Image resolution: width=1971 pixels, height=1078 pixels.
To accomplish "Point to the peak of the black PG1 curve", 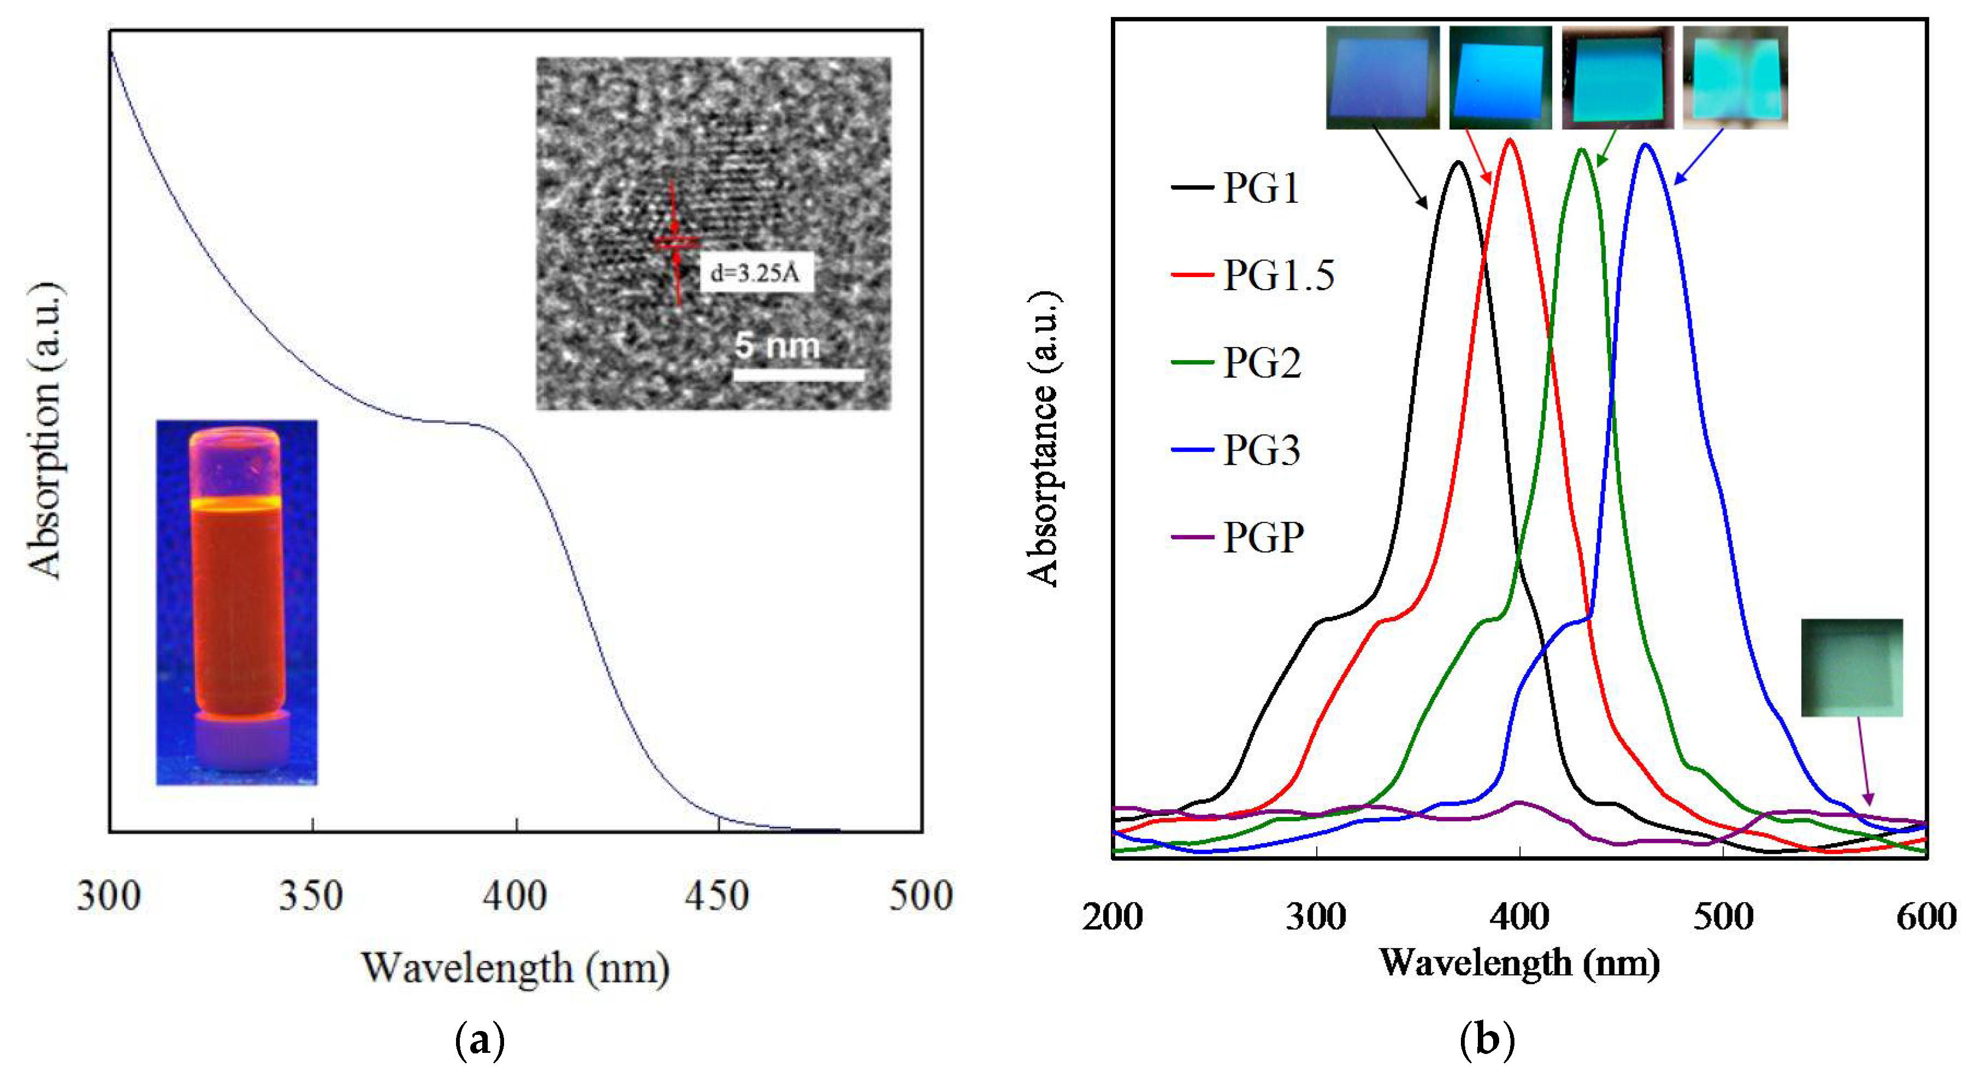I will pyautogui.click(x=1458, y=162).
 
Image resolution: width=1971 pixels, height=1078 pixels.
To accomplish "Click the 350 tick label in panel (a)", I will pyautogui.click(x=311, y=896).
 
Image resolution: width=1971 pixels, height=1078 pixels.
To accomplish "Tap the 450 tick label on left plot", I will pyautogui.click(x=717, y=896).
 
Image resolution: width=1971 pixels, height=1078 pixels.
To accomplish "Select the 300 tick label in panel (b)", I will pyautogui.click(x=1316, y=916).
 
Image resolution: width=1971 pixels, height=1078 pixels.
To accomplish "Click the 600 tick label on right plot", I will pyautogui.click(x=1926, y=916).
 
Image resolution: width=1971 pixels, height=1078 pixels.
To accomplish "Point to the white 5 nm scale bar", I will pyautogui.click(x=799, y=374).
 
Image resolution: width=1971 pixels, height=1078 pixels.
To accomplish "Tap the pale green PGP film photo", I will pyautogui.click(x=1851, y=668).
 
